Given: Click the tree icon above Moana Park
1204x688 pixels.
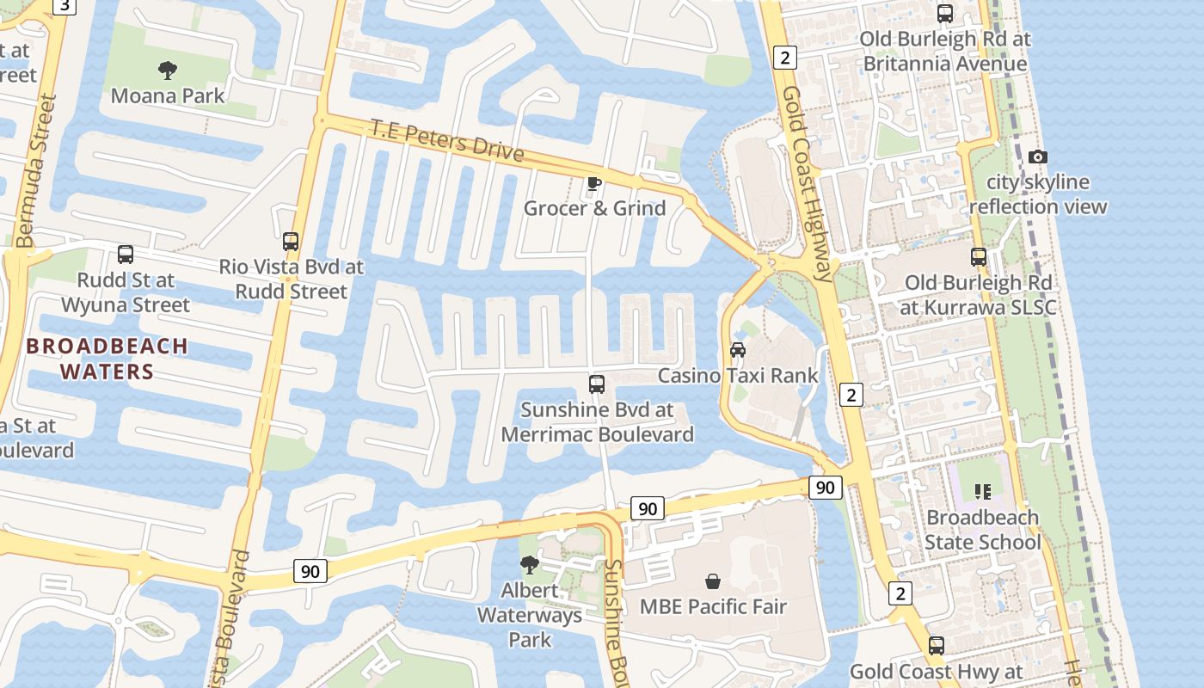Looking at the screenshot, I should point(168,70).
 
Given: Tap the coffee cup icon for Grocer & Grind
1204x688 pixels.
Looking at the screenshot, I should point(593,182).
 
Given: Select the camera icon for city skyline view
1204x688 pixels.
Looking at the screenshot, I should point(1038,157).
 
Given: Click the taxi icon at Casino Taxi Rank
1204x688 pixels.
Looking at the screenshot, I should point(738,349).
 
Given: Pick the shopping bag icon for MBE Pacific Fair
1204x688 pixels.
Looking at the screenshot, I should point(712,581).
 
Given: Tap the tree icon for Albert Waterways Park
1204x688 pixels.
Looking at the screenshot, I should point(530,564).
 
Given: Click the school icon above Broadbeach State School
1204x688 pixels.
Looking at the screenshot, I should point(982,492).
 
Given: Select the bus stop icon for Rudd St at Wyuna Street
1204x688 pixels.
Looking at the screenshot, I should point(126,255).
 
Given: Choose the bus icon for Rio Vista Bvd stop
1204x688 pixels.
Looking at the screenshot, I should point(291,242).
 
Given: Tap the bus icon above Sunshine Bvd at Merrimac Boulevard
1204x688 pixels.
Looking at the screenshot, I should point(597,384).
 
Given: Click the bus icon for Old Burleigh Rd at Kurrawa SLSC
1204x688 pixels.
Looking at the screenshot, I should point(978,257).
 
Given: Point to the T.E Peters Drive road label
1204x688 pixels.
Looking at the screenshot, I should point(447,140).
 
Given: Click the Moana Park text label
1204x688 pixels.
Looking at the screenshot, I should point(168,95).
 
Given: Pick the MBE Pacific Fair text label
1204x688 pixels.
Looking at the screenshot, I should point(713,606).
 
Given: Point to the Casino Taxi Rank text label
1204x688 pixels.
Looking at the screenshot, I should point(738,376).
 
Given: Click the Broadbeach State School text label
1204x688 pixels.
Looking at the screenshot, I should point(982,530).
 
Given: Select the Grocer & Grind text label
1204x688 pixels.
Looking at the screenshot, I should point(594,208).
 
